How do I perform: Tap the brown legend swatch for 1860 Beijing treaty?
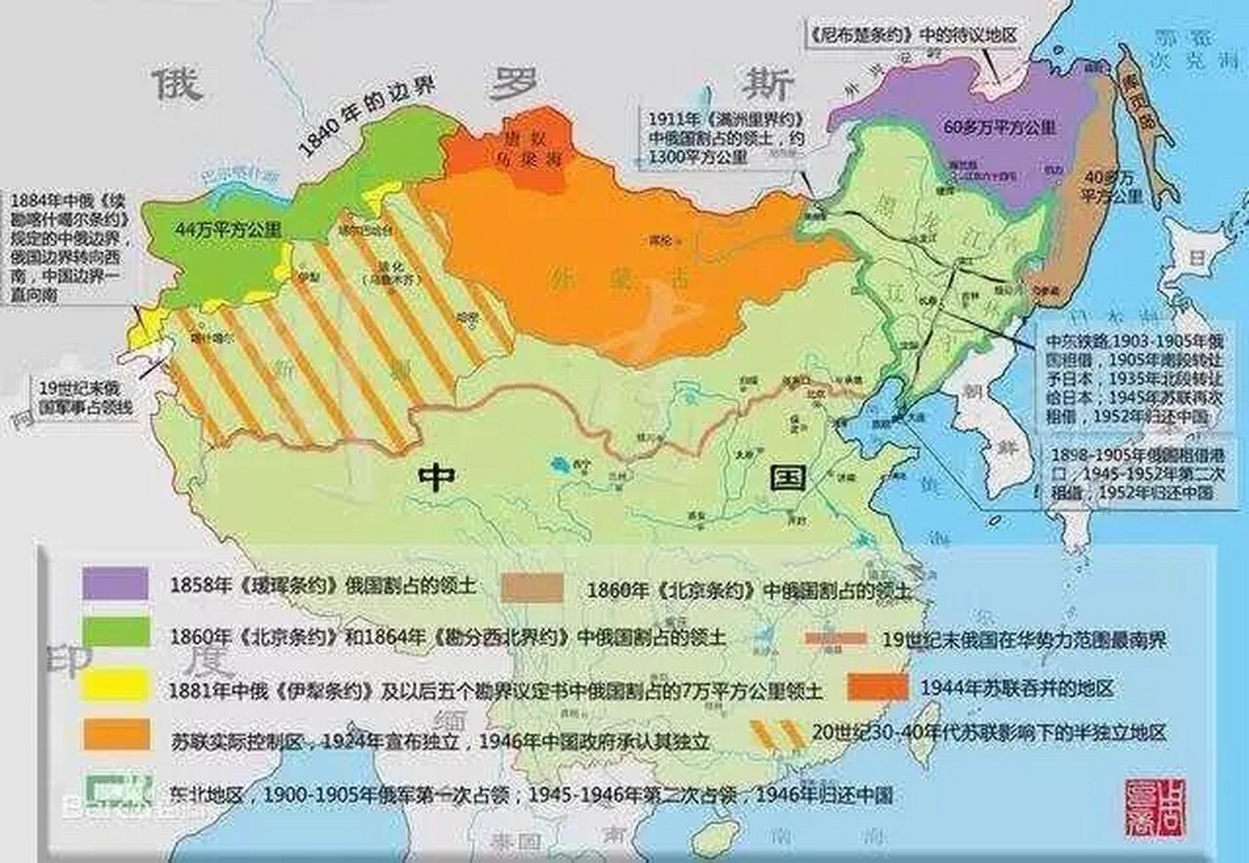click(x=532, y=589)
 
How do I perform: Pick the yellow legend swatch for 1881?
click(x=114, y=684)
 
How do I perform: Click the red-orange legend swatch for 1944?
click(x=878, y=688)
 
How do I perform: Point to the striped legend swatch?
click(x=778, y=734)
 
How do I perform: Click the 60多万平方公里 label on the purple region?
click(x=1000, y=127)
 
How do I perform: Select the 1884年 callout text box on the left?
click(x=67, y=247)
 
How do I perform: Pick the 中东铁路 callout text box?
click(x=1134, y=378)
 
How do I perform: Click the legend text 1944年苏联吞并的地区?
click(x=1017, y=688)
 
